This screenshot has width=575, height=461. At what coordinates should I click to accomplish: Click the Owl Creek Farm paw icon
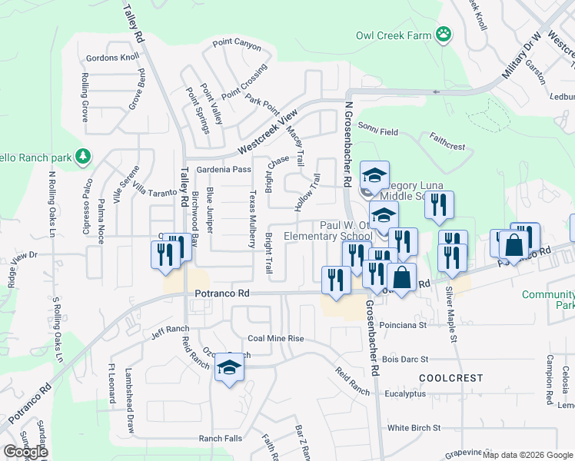tap(443, 34)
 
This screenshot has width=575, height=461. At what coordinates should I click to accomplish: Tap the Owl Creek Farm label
tap(392, 35)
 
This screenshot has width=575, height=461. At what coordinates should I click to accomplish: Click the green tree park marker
tap(83, 158)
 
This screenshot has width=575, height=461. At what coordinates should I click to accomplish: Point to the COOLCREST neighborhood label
tap(451, 378)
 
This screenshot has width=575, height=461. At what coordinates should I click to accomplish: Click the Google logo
tap(25, 452)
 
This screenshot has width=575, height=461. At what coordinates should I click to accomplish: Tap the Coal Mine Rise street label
tap(276, 339)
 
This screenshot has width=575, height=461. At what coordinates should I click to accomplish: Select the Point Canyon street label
tap(237, 45)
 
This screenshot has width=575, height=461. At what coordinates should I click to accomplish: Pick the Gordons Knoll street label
tap(113, 58)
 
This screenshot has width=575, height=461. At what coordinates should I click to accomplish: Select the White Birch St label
tap(414, 427)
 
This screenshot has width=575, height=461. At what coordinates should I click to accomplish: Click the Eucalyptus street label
tap(405, 393)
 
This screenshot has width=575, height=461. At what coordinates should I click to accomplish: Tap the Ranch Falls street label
tap(221, 438)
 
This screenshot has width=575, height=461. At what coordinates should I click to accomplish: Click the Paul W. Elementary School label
tap(327, 230)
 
